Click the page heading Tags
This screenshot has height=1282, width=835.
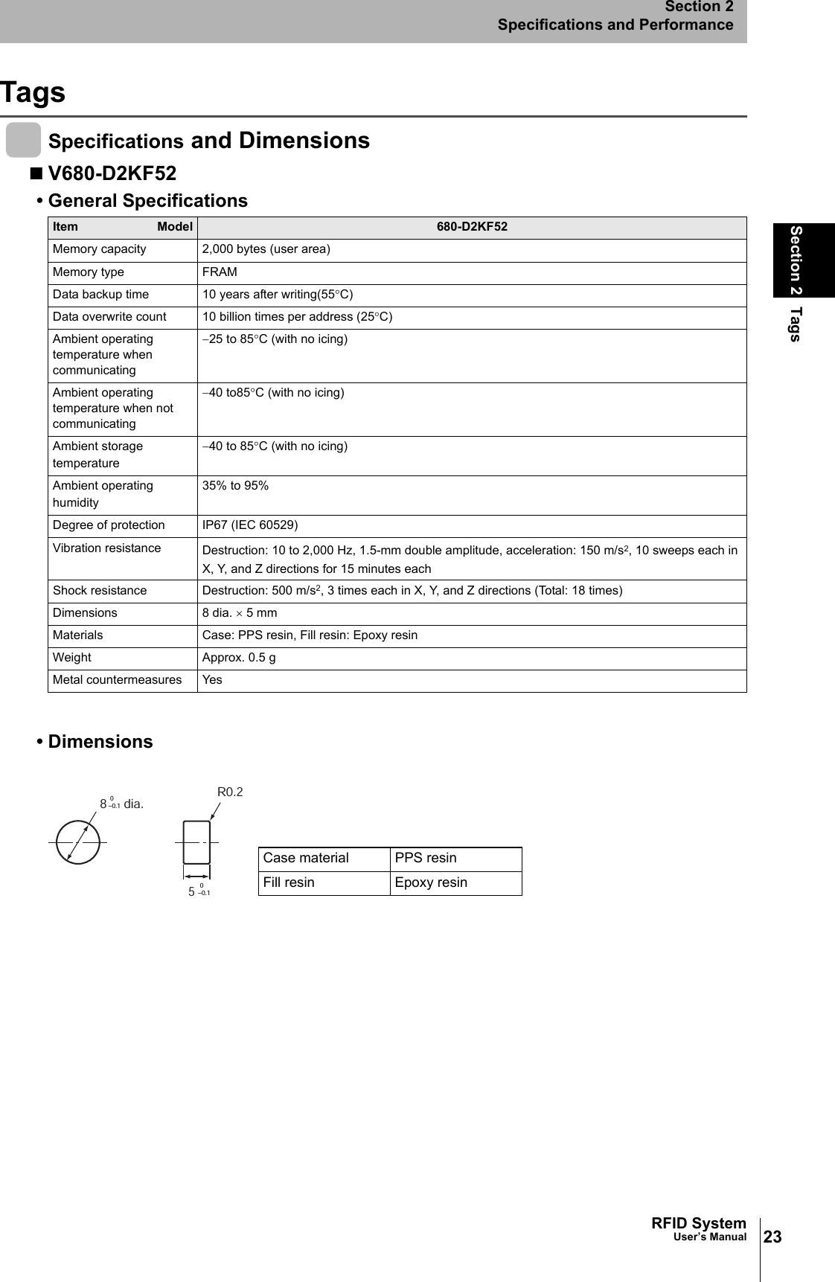pos(33,93)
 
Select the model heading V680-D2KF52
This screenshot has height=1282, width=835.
pos(112,173)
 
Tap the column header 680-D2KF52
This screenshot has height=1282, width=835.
pos(471,227)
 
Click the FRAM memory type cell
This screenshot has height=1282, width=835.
pos(220,272)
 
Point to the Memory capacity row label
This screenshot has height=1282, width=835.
pos(100,249)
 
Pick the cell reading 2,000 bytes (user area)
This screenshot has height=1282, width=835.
pos(266,249)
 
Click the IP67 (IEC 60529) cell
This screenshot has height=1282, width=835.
pos(250,525)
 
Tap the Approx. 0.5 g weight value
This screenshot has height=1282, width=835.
pos(239,658)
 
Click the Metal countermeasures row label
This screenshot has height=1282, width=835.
pos(117,680)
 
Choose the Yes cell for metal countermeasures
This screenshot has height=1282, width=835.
pos(212,680)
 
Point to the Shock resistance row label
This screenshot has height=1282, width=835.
pos(100,591)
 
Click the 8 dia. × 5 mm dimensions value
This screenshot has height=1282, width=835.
pos(240,613)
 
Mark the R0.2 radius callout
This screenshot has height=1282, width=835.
pos(230,792)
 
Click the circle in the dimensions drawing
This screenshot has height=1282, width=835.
pos(78,842)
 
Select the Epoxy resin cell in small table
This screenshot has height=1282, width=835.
pos(431,882)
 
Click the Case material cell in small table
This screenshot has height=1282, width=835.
pos(306,858)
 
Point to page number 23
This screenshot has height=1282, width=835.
pos(773,1237)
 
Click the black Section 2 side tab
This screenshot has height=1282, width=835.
pos(803,260)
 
